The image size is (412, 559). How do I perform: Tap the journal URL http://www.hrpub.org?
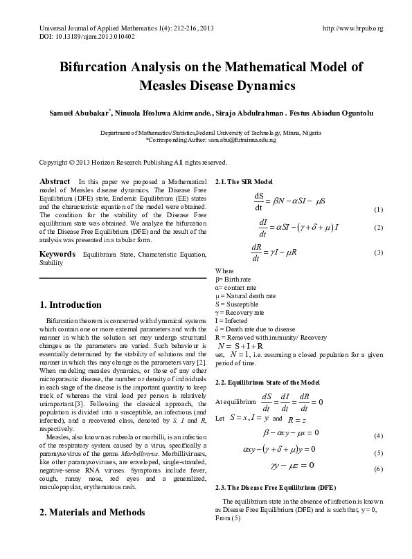(x=353, y=27)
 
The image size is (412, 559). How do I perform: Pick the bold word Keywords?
(x=57, y=254)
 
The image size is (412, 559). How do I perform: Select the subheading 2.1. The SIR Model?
(x=244, y=181)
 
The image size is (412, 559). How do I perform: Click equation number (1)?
(x=378, y=210)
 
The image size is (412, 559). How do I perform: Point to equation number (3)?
(x=378, y=252)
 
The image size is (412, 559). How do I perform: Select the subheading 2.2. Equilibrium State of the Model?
(x=267, y=383)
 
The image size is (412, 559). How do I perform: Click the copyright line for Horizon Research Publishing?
(x=133, y=163)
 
